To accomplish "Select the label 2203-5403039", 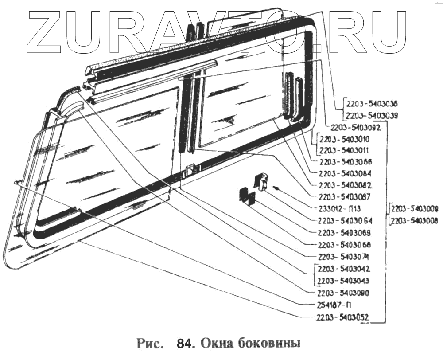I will [x=371, y=115].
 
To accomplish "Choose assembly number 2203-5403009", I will [x=414, y=208].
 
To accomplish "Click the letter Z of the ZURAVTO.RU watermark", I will [x=51, y=30].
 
